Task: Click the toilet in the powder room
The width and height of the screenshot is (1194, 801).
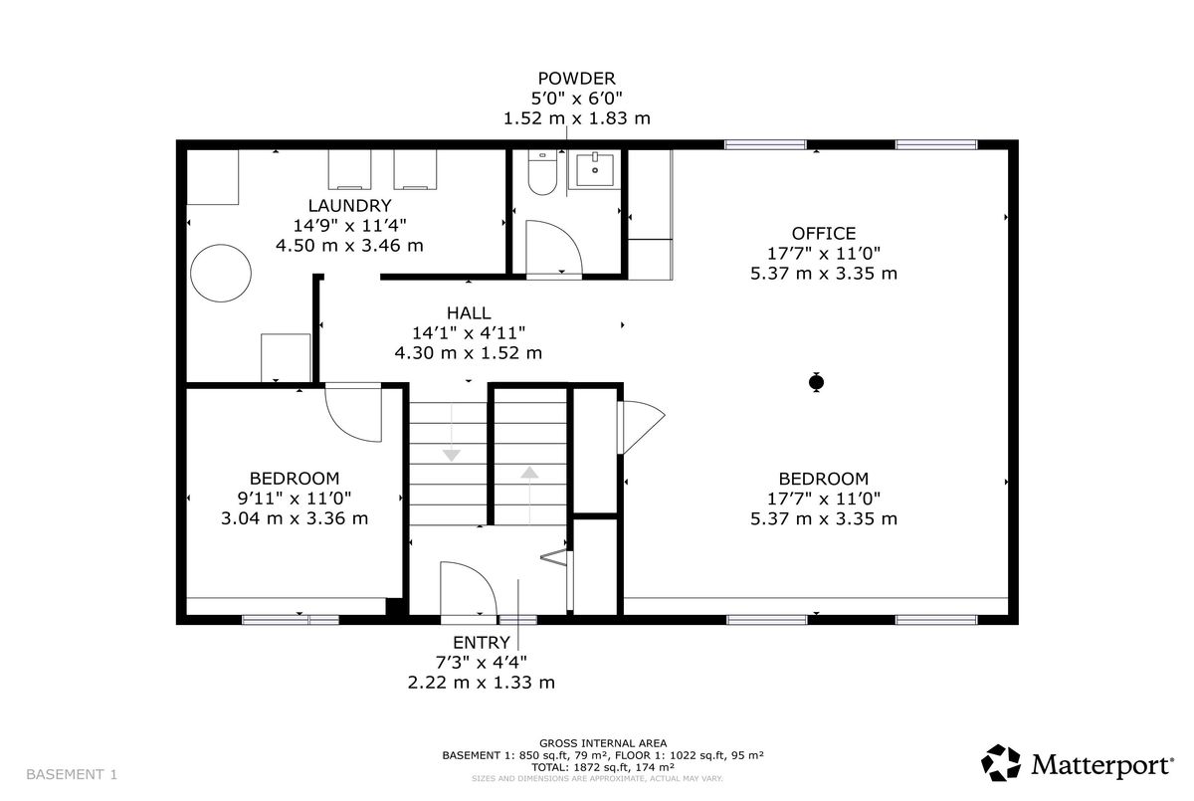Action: tap(542, 172)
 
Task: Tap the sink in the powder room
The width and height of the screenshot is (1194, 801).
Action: tap(594, 169)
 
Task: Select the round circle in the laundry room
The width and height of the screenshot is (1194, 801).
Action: tap(221, 273)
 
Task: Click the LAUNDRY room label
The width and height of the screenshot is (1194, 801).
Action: tap(349, 205)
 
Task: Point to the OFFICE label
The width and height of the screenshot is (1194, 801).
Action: tap(824, 233)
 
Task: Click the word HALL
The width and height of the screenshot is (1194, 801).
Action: tap(469, 312)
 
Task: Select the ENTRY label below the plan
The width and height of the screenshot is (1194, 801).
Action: tap(482, 642)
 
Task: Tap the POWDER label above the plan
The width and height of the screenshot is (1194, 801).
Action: tap(577, 79)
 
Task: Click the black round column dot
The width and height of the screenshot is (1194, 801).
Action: tap(816, 382)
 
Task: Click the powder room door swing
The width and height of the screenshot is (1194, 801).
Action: tap(554, 247)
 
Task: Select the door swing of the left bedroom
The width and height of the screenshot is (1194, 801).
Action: tap(353, 414)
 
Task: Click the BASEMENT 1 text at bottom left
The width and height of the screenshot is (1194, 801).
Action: tap(72, 774)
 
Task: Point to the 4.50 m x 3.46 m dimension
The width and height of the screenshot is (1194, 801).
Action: tap(349, 246)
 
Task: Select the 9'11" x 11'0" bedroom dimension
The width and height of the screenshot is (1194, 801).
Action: tap(295, 499)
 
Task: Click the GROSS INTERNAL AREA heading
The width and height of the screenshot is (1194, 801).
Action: tap(603, 743)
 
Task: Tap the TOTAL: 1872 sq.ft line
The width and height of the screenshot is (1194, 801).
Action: tap(603, 767)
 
